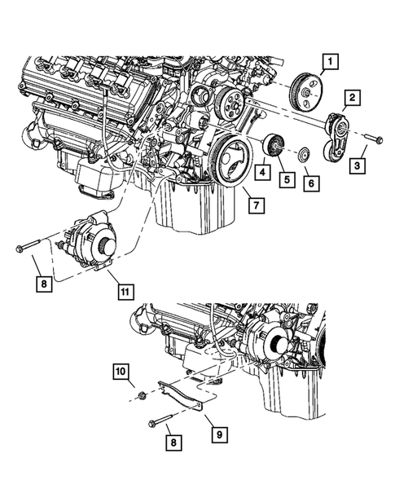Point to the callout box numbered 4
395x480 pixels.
point(262,173)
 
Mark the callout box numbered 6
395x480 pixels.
point(309,185)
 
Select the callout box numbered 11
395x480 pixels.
point(124,289)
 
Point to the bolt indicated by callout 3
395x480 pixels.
point(371,139)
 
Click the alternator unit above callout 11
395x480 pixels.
point(94,240)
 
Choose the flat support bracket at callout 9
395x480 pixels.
point(183,396)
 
